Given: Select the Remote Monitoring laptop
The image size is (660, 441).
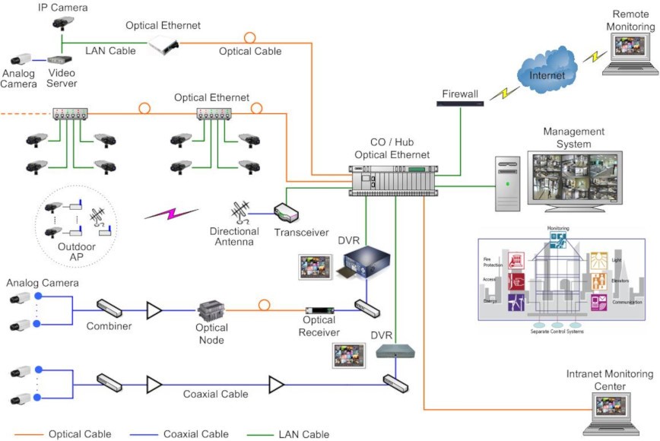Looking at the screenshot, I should (x=627, y=58).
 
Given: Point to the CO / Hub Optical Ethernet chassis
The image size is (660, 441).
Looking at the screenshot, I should (x=390, y=181).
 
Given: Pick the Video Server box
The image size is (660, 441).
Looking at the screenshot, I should (x=60, y=59).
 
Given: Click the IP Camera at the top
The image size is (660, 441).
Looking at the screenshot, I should (x=64, y=24).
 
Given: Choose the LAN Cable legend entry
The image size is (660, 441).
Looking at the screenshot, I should (x=303, y=434).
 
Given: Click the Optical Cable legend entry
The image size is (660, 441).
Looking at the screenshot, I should (x=80, y=434).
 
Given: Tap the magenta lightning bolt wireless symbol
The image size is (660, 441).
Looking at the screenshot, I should (x=171, y=214).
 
